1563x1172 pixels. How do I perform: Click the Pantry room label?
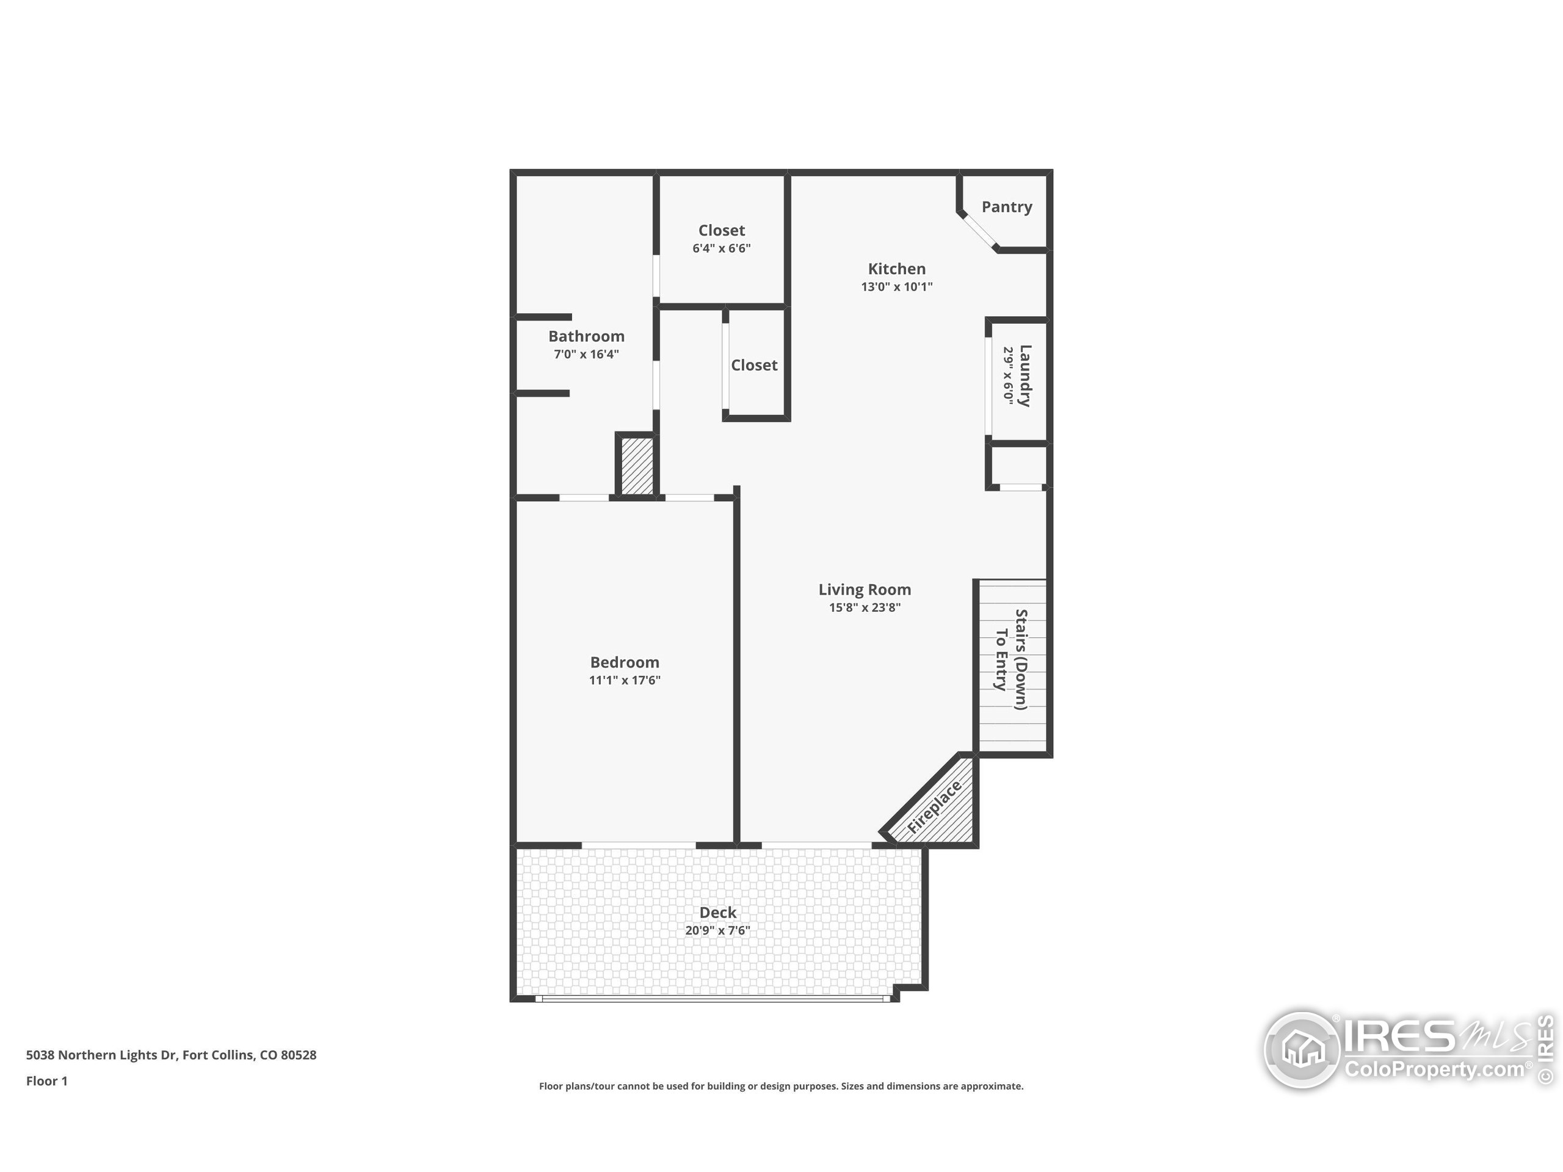click(1006, 207)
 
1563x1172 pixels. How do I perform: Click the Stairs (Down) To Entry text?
click(1010, 659)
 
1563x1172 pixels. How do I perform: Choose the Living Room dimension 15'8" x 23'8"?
click(864, 607)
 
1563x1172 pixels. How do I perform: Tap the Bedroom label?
click(625, 662)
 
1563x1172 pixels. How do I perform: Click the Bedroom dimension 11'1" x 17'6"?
click(625, 681)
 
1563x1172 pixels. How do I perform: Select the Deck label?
click(718, 912)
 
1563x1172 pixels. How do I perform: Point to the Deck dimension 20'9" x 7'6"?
click(717, 930)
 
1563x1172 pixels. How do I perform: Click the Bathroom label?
click(587, 336)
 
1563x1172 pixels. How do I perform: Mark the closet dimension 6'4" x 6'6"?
click(722, 248)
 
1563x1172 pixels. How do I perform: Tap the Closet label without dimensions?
click(754, 365)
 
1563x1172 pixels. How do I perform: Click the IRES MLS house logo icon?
click(1302, 1050)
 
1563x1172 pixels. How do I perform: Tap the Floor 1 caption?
click(46, 1081)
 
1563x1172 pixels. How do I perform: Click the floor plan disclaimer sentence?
click(781, 1087)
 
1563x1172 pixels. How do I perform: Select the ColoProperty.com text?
click(1434, 1069)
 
